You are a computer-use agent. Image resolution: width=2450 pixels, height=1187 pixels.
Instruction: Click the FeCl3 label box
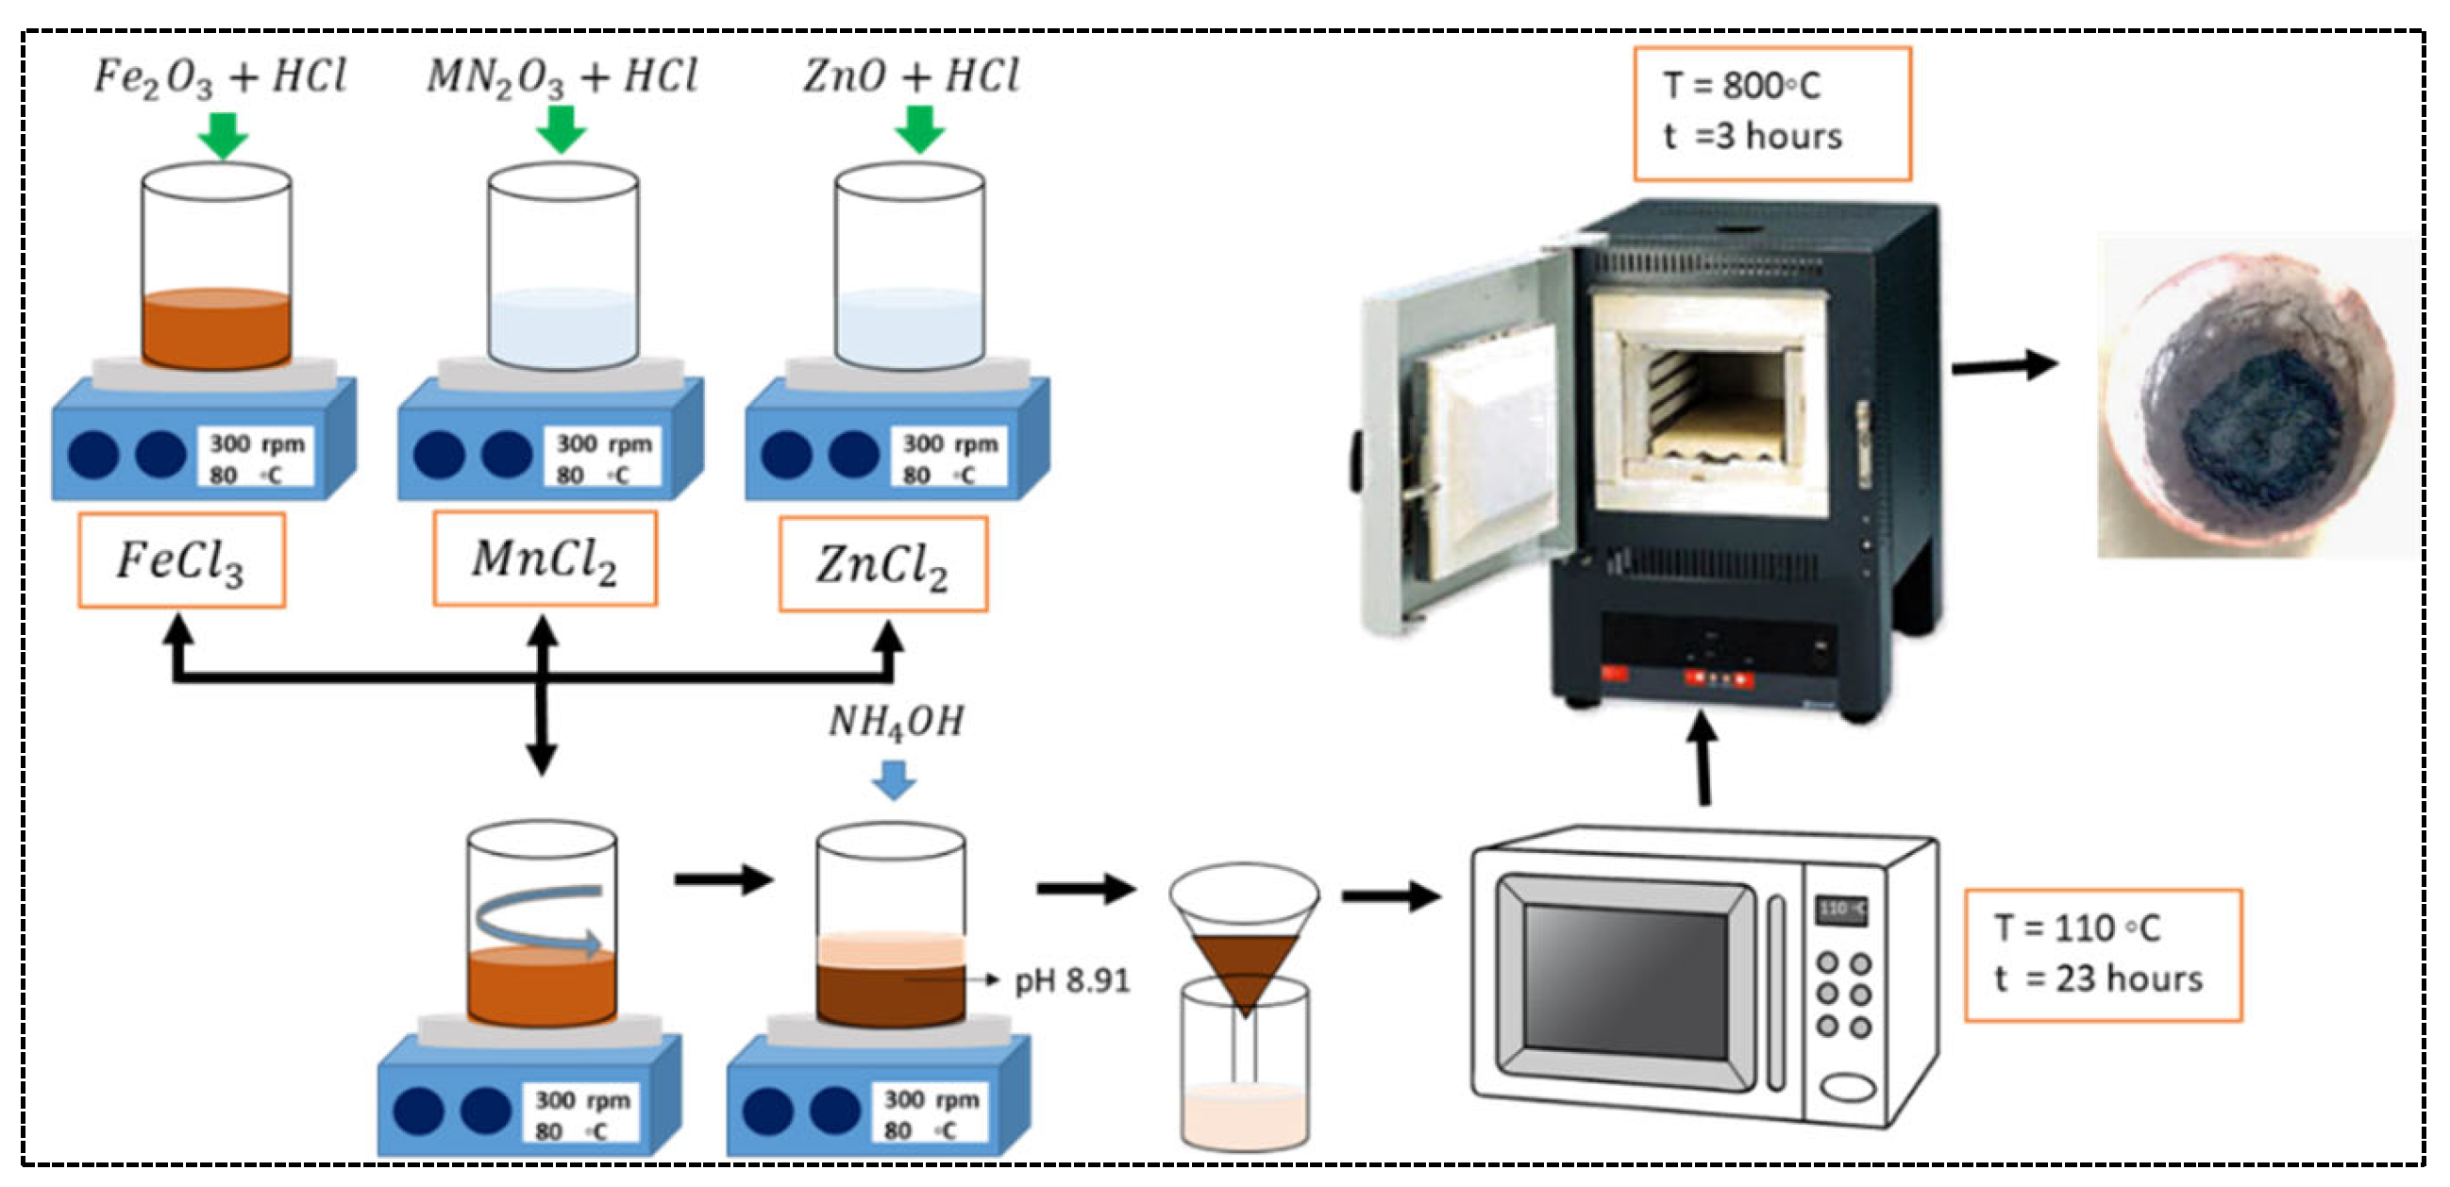click(180, 560)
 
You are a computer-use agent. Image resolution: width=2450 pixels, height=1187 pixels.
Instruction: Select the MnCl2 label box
click(544, 559)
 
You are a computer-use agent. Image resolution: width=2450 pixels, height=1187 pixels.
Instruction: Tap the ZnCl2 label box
click(882, 564)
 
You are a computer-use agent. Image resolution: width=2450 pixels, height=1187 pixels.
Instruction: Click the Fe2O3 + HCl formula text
click(220, 77)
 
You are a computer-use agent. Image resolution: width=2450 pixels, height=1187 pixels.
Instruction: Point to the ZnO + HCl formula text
click(910, 76)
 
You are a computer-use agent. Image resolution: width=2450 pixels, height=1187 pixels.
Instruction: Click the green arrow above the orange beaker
click(223, 135)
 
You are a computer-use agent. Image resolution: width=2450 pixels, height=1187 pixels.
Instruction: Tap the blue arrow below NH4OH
click(893, 780)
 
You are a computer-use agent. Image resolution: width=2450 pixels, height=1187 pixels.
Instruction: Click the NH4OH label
click(896, 722)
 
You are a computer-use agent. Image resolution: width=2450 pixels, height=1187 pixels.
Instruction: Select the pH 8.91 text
click(1072, 980)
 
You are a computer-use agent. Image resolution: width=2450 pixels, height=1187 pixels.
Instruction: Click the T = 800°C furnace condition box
click(1770, 113)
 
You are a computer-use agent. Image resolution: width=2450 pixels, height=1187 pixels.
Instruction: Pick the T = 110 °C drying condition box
click(2102, 955)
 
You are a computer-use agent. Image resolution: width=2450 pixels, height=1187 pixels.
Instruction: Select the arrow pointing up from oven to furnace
click(1704, 761)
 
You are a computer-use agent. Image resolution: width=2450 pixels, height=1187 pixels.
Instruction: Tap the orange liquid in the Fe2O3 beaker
click(217, 329)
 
